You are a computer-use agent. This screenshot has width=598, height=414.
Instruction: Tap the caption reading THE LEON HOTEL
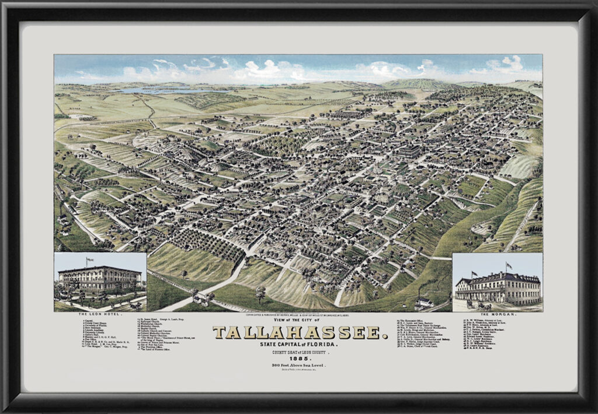100,314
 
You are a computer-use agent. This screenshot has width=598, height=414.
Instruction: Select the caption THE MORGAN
498,314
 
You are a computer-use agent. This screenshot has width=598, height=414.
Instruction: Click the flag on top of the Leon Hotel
89,259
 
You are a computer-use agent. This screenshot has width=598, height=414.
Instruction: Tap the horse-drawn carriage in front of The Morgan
482,304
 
